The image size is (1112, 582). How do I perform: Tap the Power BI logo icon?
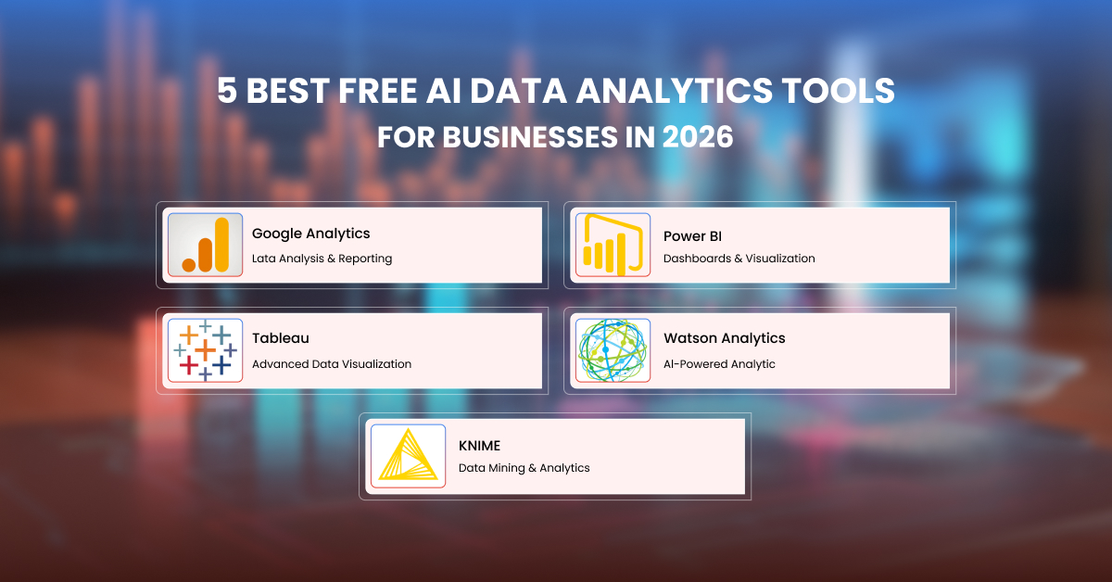tap(613, 246)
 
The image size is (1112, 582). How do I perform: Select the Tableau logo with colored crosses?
tap(205, 350)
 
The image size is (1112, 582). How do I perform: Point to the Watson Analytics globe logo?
tap(613, 350)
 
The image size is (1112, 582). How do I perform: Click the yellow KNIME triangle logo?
tap(408, 456)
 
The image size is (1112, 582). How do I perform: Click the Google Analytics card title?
tap(310, 234)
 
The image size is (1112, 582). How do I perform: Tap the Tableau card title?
tap(280, 338)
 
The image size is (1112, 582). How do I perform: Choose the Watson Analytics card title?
tap(724, 338)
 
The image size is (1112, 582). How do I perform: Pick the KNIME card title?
tap(479, 446)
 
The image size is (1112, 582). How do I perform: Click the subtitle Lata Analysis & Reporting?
tap(322, 259)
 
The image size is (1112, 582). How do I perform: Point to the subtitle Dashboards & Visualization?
tap(739, 259)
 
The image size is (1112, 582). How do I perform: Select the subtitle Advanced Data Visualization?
tap(331, 364)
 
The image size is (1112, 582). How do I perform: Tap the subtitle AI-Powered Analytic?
tap(719, 364)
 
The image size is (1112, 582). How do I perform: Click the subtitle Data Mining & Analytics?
tap(524, 468)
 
